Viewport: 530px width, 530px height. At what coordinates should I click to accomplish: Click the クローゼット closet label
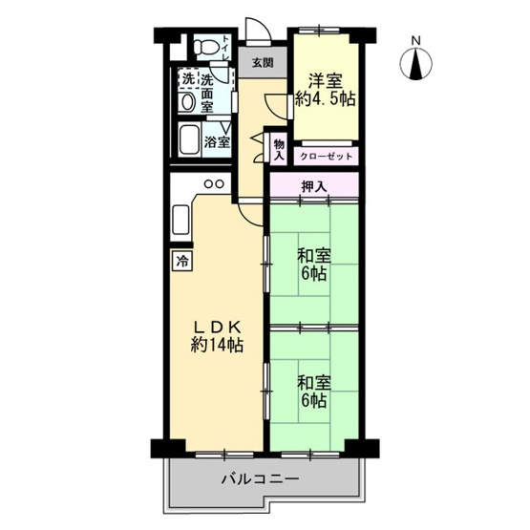327,156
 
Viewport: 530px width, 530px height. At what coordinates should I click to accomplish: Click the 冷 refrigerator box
180,260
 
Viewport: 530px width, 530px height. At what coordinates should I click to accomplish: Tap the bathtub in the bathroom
187,140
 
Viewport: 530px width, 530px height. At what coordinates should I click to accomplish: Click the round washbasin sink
187,100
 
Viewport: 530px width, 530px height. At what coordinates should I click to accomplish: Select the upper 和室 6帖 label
312,265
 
